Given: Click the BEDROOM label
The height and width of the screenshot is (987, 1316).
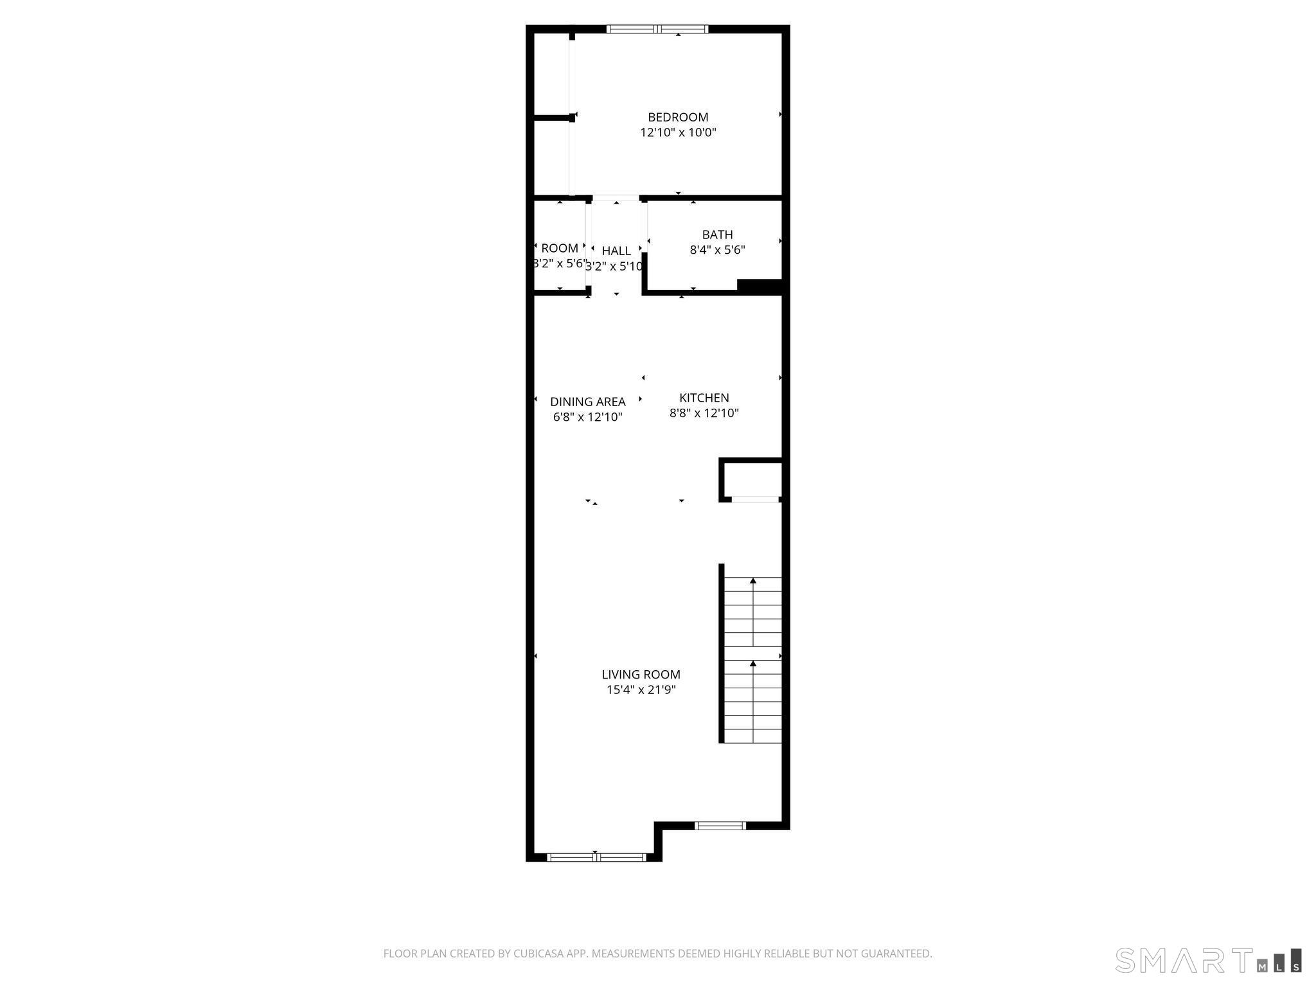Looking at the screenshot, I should point(678,117).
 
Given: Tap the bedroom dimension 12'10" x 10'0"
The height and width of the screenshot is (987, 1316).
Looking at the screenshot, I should point(678,133).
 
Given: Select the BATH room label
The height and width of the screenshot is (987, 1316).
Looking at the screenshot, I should point(717,235).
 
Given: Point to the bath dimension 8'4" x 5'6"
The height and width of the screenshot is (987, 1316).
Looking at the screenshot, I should point(717,250).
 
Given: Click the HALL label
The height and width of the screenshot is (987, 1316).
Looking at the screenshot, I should point(616,251).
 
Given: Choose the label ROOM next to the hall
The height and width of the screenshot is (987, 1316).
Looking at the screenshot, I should point(559,248).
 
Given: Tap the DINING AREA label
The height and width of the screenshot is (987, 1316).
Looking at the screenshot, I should point(587,402).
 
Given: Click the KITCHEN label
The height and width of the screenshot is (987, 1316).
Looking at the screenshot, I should point(704,398).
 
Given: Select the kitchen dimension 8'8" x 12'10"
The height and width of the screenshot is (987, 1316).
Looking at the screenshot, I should point(704,413).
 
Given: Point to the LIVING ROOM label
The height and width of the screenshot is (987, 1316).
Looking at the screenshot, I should point(641,674).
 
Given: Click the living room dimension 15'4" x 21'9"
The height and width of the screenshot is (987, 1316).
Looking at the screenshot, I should point(641,690).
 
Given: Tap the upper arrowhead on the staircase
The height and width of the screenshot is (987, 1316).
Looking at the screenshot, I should point(753,581).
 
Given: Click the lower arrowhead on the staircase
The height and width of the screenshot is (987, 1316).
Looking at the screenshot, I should point(753,663).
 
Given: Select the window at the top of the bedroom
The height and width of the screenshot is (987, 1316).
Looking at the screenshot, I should point(657,29).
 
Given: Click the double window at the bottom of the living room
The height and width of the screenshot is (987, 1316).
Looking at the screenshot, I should point(596,857).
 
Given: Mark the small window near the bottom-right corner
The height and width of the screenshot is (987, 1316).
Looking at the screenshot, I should point(720,826).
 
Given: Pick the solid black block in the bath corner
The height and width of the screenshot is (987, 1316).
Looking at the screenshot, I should point(760,287).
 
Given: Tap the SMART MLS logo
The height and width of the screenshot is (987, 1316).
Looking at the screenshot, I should point(1208,960).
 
